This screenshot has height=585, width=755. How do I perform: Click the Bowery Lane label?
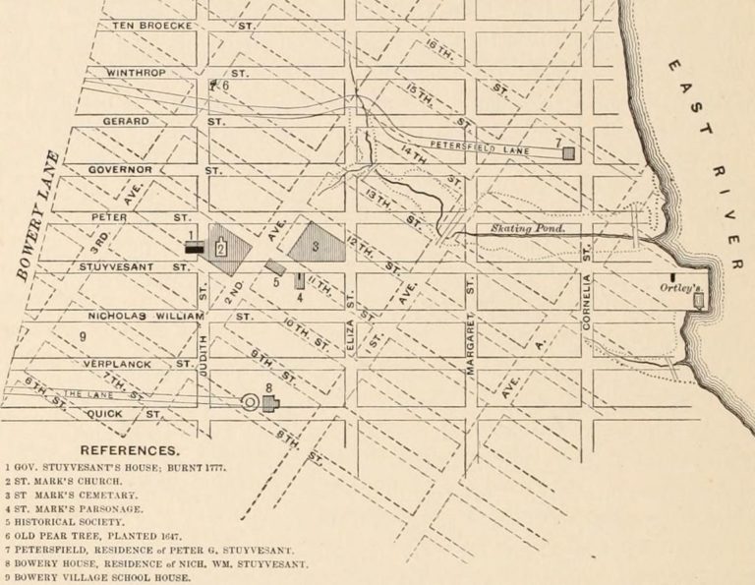point(37,215)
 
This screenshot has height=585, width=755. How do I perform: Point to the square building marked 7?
point(567,153)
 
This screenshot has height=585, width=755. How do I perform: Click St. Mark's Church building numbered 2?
point(221,246)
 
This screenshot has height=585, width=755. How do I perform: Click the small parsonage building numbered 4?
point(300,281)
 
